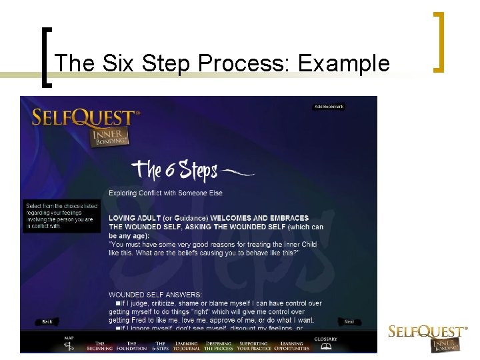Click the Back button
(47, 321)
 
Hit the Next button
(349, 321)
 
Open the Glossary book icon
(325, 346)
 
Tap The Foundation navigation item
(131, 346)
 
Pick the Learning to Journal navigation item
(186, 346)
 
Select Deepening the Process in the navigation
(219, 346)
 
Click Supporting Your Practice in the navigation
(253, 346)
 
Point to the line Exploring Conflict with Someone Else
(165, 193)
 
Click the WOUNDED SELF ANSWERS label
(155, 294)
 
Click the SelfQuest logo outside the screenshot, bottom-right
(427, 337)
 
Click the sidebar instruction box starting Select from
(61, 216)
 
